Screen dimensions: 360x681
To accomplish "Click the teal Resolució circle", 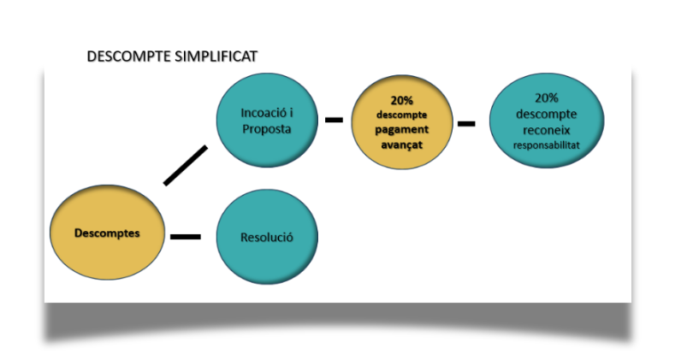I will (267, 237).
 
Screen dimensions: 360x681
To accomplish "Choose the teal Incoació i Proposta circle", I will (267, 121).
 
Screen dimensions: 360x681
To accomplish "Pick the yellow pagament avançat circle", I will (401, 123).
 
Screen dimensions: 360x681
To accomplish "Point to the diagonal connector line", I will (186, 165).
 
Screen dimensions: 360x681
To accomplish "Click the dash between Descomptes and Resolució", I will (186, 236).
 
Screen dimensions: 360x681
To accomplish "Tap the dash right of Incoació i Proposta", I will (334, 121).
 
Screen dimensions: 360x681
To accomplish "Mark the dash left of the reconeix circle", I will (466, 124).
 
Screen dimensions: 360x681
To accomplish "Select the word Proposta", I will (267, 130).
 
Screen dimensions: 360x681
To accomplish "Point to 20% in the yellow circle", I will (401, 100).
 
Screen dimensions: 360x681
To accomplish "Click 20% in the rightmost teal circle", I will (546, 97).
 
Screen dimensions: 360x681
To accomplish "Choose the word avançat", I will (401, 144).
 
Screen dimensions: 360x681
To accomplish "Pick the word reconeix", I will (546, 129).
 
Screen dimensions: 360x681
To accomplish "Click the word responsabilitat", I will (546, 145).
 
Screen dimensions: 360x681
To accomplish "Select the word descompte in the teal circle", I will (546, 114).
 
